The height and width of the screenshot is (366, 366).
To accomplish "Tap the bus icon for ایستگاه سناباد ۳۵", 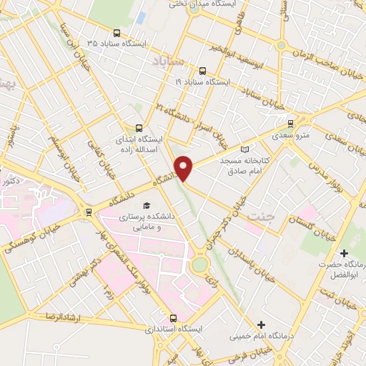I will (117, 32).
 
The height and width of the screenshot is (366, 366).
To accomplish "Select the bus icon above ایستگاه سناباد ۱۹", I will (202, 71).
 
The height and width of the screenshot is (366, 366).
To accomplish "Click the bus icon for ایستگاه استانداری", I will (173, 318).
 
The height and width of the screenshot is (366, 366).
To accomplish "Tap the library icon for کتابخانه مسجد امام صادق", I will (246, 149).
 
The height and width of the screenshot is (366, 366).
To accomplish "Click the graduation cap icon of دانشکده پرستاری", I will (146, 205).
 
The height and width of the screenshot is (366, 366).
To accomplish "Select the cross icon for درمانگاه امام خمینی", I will (261, 325).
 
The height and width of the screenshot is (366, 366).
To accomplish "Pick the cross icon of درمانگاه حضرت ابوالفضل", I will (345, 253).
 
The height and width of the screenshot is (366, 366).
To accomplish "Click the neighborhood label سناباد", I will (169, 63).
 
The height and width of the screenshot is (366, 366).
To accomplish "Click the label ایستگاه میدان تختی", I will (193, 4).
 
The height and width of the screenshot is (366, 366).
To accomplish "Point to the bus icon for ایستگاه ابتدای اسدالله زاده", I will (139, 128).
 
